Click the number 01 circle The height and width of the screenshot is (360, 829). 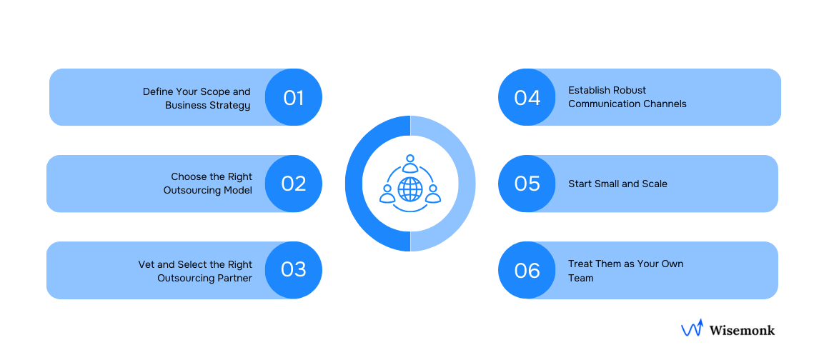[294, 97]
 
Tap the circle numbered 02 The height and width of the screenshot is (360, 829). [294, 184]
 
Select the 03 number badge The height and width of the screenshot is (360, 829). [294, 270]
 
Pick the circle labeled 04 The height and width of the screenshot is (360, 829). [527, 97]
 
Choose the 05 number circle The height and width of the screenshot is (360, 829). [527, 184]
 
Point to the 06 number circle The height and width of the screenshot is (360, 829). [527, 270]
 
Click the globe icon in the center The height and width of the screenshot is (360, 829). [410, 189]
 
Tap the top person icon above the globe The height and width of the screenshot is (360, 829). [410, 164]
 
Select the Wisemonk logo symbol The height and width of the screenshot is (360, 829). [692, 328]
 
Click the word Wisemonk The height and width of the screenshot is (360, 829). [742, 330]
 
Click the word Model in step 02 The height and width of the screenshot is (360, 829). [237, 191]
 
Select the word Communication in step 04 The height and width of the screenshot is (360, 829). [601, 104]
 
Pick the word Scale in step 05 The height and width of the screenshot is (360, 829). [654, 184]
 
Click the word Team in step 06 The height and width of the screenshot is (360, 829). [581, 278]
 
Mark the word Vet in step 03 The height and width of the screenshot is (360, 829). [146, 264]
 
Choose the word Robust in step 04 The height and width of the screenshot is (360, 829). [630, 91]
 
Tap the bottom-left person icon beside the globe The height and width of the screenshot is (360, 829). [387, 194]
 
